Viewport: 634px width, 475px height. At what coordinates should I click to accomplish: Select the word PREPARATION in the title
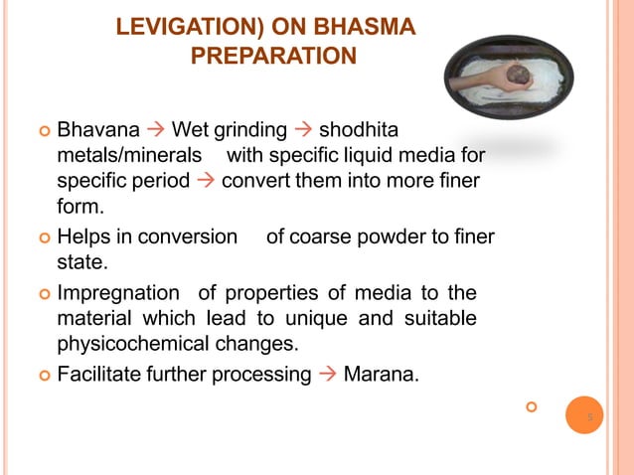tap(272, 56)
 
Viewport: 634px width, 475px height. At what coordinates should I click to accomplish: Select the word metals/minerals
tap(129, 157)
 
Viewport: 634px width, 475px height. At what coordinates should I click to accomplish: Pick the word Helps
tap(83, 237)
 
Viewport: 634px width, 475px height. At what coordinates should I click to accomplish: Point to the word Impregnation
tap(118, 293)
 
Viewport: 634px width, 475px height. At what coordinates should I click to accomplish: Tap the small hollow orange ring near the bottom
tap(531, 406)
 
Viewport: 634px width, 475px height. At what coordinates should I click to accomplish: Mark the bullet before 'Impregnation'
tap(43, 294)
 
